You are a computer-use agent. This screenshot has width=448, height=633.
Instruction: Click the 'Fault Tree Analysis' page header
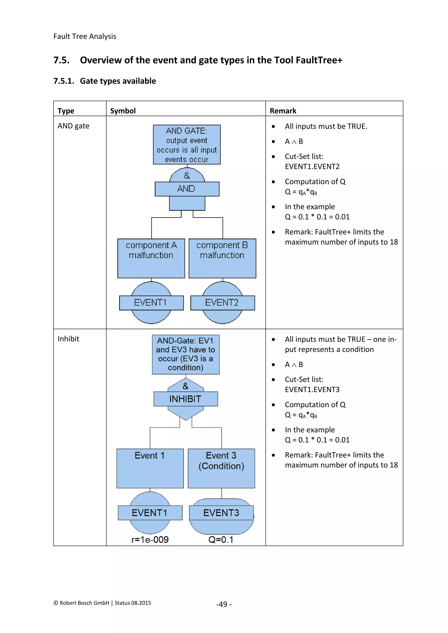point(85,36)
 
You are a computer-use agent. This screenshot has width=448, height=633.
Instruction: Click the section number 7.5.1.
point(64,81)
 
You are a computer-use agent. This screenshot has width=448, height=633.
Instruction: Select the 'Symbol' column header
point(123,111)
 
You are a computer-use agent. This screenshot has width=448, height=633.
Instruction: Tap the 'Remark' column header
point(283,111)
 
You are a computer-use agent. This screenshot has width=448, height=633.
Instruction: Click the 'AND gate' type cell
point(73,126)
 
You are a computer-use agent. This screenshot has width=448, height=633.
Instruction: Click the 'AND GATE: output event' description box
point(187,145)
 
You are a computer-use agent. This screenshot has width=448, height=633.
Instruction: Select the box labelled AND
point(187,189)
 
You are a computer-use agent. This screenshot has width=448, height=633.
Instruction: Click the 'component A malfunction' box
point(151,258)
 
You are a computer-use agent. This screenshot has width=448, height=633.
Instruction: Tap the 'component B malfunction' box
point(222,258)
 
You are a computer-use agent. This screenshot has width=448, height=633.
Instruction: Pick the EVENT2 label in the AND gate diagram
point(222,303)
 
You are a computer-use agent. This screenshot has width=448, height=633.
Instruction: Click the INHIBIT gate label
point(185,399)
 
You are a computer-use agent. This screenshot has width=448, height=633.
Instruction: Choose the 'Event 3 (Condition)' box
point(221,468)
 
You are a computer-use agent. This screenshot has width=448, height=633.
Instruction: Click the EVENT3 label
point(221,513)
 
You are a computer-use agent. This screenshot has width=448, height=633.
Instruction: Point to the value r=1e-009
point(150,539)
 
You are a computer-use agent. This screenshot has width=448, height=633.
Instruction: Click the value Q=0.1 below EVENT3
point(221,539)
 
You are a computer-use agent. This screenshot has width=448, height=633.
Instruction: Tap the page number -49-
point(224,604)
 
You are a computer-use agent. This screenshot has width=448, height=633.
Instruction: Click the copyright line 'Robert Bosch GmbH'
point(102,603)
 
